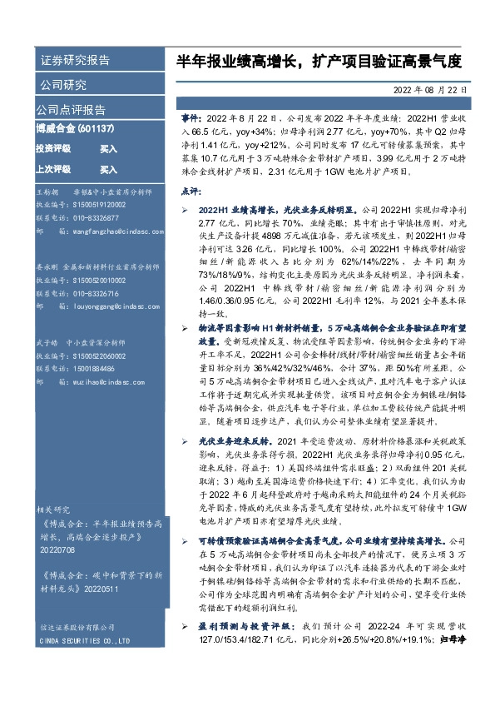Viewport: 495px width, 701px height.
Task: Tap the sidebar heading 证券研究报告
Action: click(x=74, y=61)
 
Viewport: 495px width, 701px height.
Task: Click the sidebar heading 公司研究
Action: click(x=62, y=84)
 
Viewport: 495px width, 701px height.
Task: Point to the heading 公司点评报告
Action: click(x=71, y=109)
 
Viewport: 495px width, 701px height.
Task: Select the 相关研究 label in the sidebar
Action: click(x=53, y=509)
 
